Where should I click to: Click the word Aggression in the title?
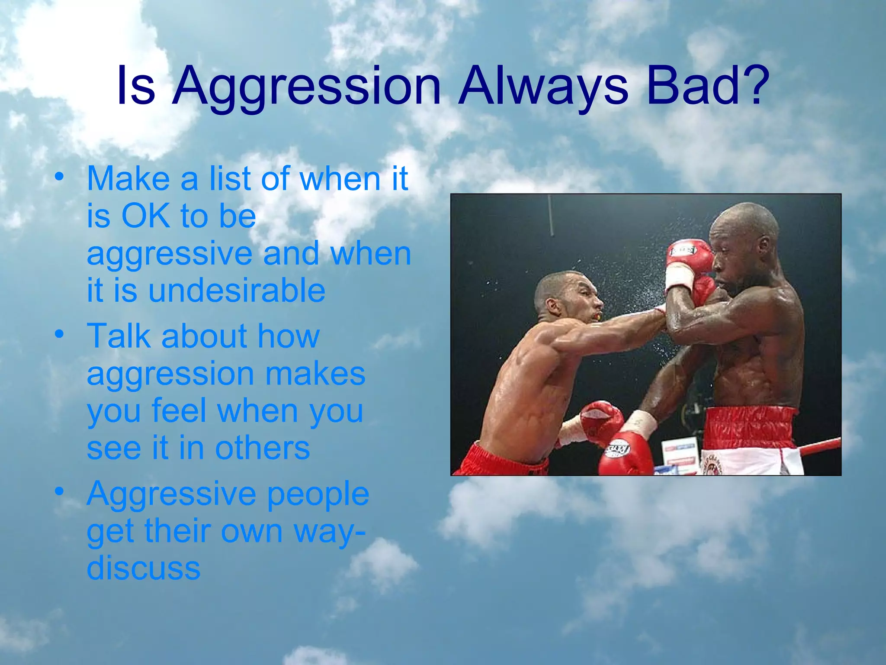pos(306,87)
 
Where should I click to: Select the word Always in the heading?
pos(543,87)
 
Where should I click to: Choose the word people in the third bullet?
pos(318,494)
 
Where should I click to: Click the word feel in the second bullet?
pos(178,411)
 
